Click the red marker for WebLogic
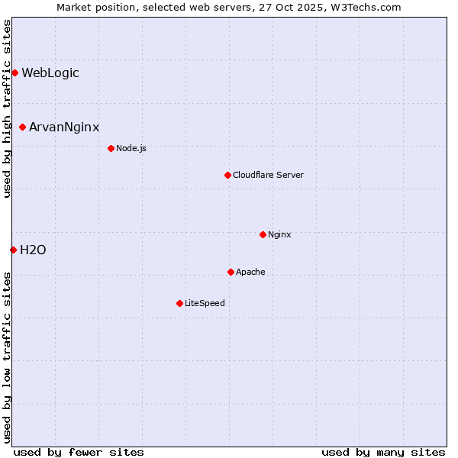pos(15,73)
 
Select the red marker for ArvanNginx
pos(22,127)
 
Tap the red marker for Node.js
pos(111,148)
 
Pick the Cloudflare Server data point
pos(227,175)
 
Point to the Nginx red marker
pos(263,234)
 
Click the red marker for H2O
pos(13,250)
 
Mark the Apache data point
pos(231,272)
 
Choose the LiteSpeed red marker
pos(179,303)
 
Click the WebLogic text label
pos(50,73)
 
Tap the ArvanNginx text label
pos(64,127)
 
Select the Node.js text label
pos(131,148)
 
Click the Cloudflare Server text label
pos(268,175)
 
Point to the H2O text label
pos(33,250)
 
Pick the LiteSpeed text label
pos(205,303)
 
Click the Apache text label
pos(250,272)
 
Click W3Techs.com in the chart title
pos(366,7)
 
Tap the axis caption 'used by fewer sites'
pos(79,452)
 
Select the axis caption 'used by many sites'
pos(383,452)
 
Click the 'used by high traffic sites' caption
pos(7,108)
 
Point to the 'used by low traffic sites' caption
pos(7,356)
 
